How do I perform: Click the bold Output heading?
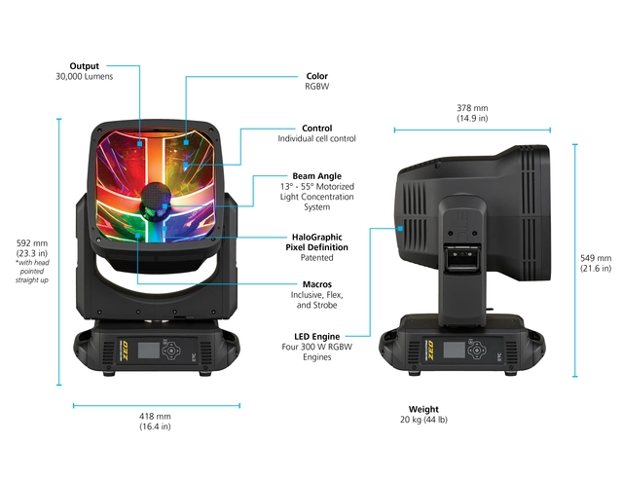coord(85,66)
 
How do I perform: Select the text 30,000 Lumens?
coord(85,76)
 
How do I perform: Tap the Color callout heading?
coord(316,76)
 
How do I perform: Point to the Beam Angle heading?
coord(316,176)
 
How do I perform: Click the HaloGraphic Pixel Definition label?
coord(316,242)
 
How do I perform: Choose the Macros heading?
coord(316,284)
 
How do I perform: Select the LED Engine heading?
coord(316,337)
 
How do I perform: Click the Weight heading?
coord(423,409)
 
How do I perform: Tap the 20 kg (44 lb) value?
coord(423,420)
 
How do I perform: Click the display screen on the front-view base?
coord(149,351)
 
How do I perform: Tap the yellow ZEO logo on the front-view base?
coord(124,351)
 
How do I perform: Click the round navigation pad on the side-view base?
coord(476,351)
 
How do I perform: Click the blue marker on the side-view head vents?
coord(400,229)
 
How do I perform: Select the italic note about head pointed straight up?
coord(32,272)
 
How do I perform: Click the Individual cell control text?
coord(316,138)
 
